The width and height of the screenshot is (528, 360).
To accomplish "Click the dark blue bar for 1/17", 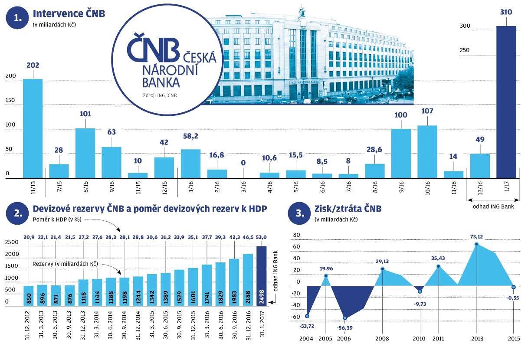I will tap(506, 102).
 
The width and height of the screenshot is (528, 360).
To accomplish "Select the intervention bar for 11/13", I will tap(33, 128).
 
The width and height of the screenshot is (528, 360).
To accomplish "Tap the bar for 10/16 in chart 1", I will tap(427, 152).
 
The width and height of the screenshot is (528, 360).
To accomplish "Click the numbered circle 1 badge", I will tap(17, 17).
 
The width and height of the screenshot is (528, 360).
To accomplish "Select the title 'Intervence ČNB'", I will tap(69, 14).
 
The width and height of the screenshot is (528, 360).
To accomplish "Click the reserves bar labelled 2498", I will tap(262, 276).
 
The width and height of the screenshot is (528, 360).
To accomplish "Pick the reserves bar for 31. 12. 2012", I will tap(29, 295).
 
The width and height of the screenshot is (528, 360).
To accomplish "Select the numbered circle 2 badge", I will tap(17, 213).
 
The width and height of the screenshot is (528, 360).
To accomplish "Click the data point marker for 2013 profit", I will tap(476, 244).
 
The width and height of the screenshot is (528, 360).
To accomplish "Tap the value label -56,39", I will tap(344, 327).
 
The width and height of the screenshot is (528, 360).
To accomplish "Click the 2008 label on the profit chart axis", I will tap(382, 338).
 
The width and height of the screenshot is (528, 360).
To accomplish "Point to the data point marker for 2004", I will tap(307, 316).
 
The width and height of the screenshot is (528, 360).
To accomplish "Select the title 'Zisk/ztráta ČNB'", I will tap(348, 209).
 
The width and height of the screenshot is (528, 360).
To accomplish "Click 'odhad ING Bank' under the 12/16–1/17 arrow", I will tap(494, 206).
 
